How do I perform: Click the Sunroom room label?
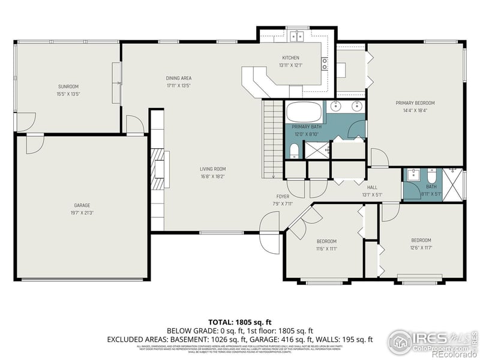pos(68,86)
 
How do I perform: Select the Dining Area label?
pos(179,78)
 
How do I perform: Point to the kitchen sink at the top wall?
pos(296,37)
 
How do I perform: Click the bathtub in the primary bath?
pos(304,112)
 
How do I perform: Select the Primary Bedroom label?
pos(415,103)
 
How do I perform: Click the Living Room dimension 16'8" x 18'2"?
pos(213,176)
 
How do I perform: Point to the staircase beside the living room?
pos(272,138)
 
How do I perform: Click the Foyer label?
pos(283,196)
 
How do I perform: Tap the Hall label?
pos(372,187)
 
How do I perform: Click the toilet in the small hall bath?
pos(432,178)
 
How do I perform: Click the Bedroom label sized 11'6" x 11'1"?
pos(326,241)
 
